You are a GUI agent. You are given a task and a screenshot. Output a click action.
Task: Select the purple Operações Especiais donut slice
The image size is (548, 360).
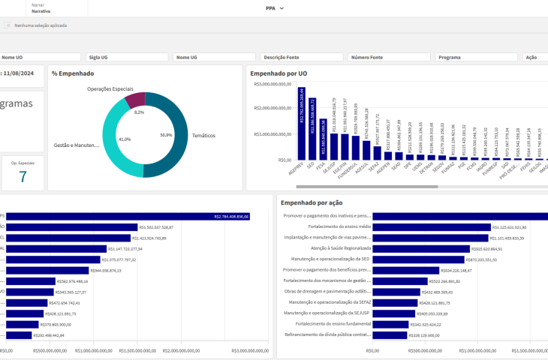(136, 99)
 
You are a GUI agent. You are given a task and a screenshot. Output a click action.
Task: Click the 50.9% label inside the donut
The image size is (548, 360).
(166, 136)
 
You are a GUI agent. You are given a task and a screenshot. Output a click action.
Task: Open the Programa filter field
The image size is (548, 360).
(477, 57)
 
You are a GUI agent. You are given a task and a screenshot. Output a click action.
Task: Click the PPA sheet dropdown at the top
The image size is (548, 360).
(275, 8)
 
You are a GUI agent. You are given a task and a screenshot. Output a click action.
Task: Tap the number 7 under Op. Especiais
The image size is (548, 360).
(23, 177)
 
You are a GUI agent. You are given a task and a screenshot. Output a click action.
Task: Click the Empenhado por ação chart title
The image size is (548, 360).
(312, 202)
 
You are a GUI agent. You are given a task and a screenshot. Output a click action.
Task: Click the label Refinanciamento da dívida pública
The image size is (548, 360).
(327, 335)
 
